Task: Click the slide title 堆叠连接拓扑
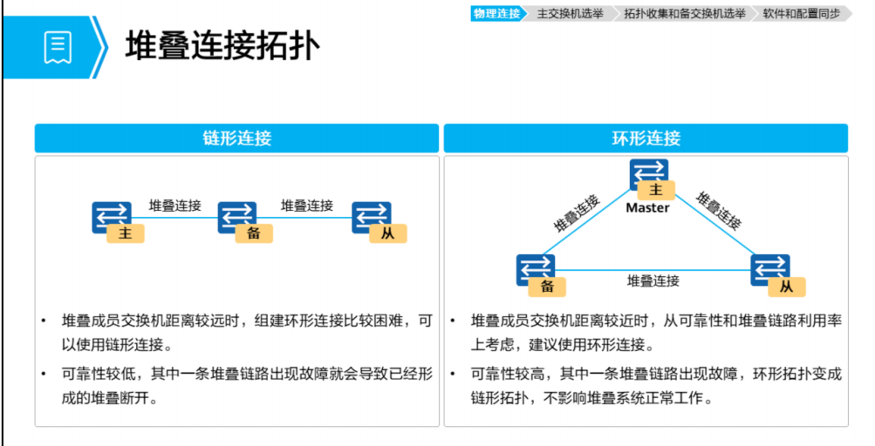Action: (x=222, y=46)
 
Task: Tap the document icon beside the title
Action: (x=58, y=47)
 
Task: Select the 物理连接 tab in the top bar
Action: (x=496, y=13)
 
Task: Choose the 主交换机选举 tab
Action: (x=571, y=13)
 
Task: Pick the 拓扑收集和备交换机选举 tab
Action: (x=685, y=13)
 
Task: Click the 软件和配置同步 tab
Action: (x=801, y=13)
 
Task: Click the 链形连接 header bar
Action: (x=236, y=139)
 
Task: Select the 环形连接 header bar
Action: (x=646, y=139)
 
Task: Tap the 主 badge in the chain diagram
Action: (x=126, y=233)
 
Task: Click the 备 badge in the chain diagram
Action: (x=254, y=233)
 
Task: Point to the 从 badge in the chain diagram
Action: (x=388, y=233)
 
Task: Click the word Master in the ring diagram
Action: (x=647, y=208)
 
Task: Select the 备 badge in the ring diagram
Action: (x=547, y=286)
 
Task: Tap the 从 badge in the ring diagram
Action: (x=786, y=287)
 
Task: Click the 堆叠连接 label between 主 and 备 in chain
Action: (x=174, y=206)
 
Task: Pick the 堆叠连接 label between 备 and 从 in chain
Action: (x=306, y=206)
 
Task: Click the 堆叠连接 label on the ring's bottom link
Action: (x=653, y=280)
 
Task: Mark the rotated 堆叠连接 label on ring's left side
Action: (x=577, y=213)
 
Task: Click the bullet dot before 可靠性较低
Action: (x=44, y=373)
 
